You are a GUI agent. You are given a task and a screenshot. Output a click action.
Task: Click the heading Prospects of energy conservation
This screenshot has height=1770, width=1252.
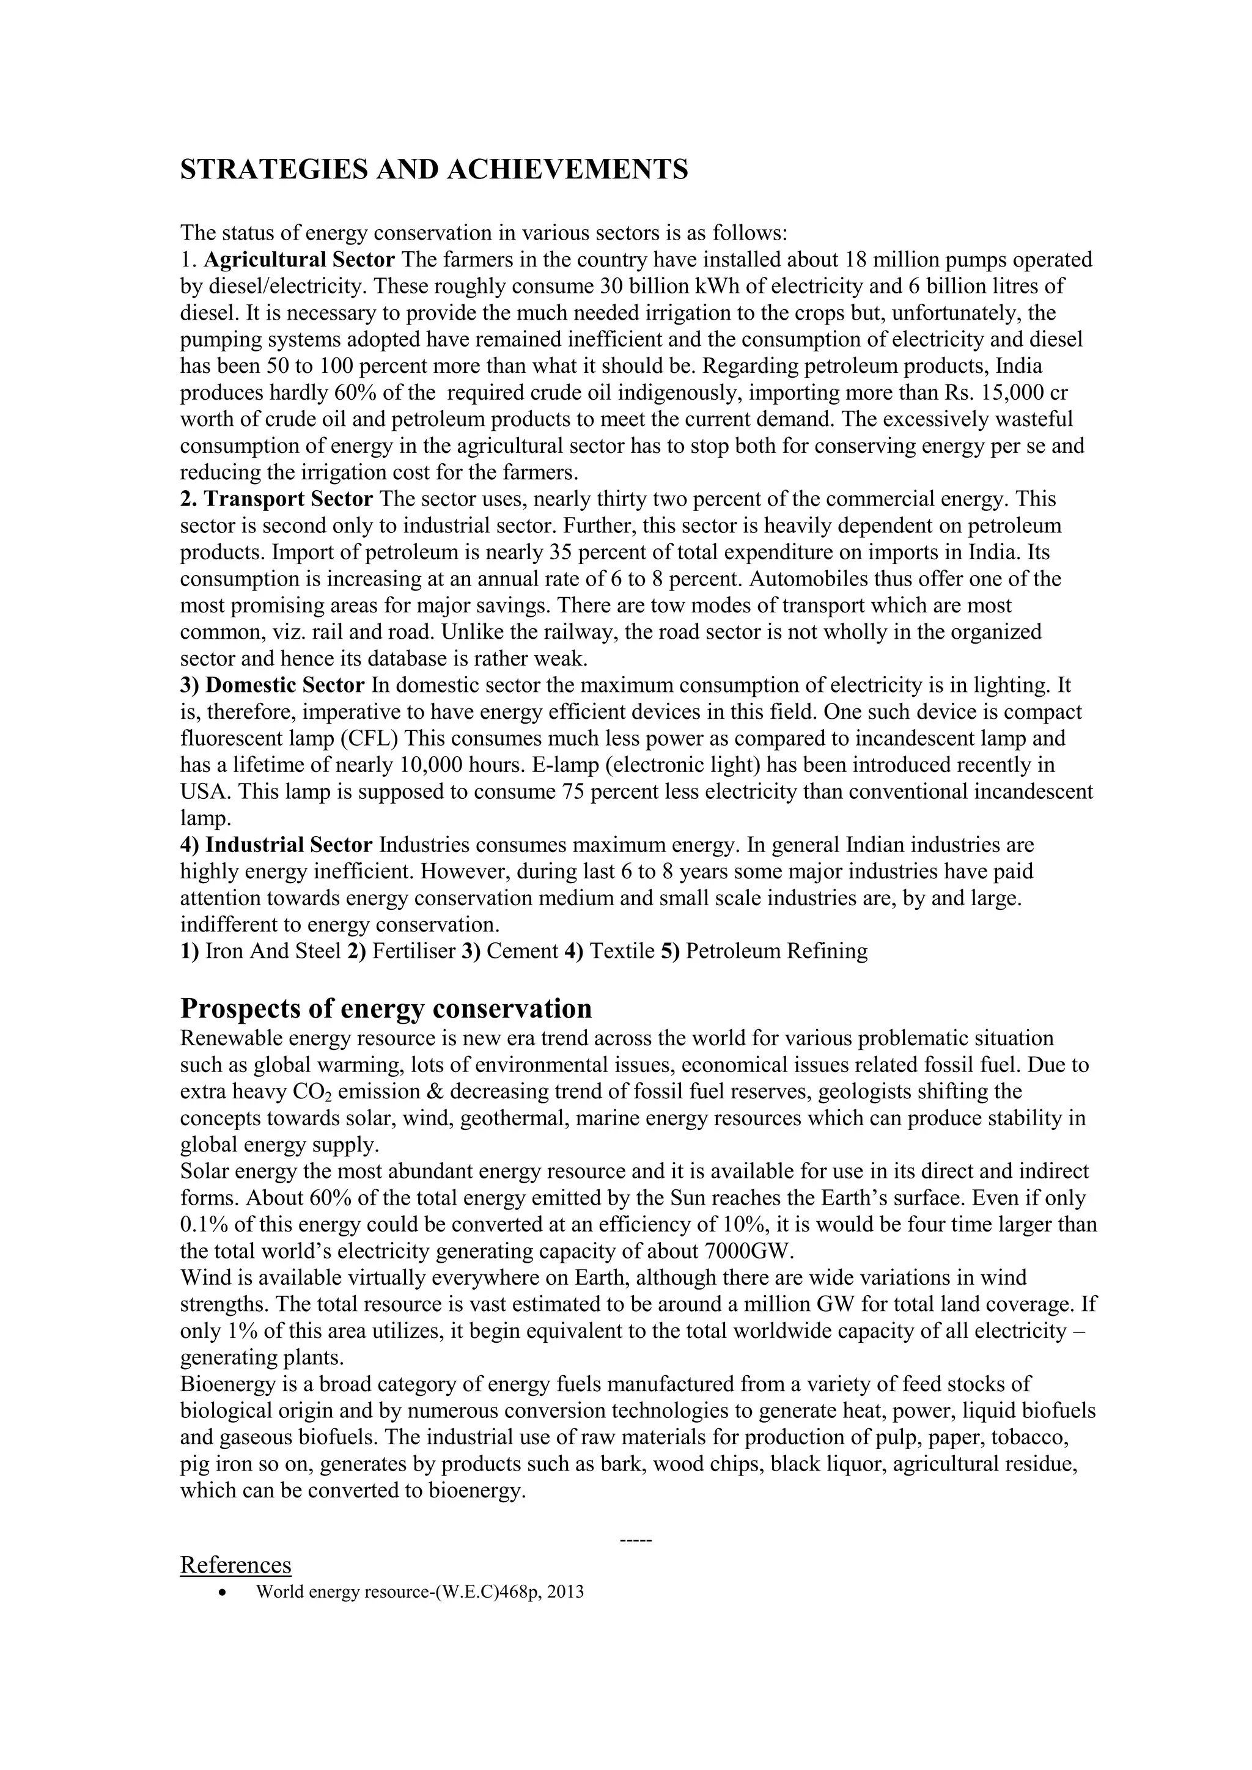pos(386,1008)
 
